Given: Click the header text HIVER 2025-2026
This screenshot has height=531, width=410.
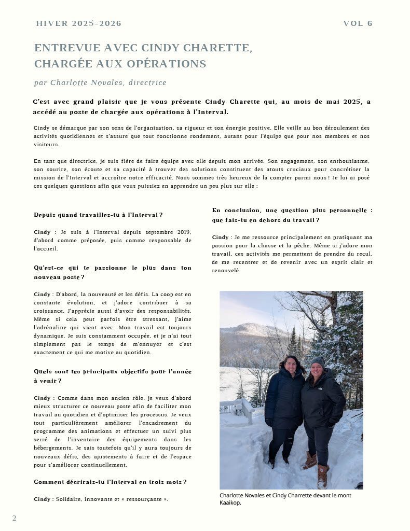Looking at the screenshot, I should pos(79,23).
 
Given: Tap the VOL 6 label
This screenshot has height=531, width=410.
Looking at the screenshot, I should pos(358,23).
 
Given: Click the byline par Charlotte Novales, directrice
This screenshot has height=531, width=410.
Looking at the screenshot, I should pos(100,82).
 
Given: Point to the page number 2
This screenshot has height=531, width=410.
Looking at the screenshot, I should pos(15,518).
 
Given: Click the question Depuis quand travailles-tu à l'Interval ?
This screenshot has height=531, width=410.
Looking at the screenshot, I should pos(98,215).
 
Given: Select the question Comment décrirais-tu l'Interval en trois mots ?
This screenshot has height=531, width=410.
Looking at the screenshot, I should pos(110,482).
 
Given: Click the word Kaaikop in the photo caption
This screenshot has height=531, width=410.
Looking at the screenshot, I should pos(230,502).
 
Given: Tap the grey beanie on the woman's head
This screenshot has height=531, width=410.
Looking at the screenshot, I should pos(317,361).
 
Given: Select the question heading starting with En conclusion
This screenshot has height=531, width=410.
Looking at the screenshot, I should pos(292,215).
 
